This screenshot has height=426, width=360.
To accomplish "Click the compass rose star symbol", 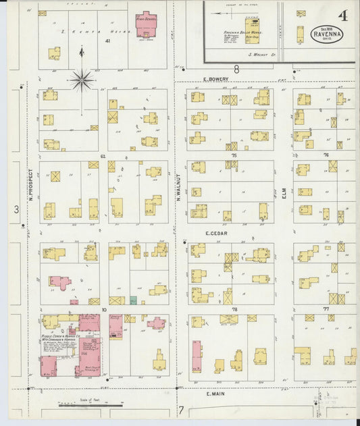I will (x=82, y=80).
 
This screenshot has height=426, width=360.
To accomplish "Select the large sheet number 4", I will (x=344, y=15).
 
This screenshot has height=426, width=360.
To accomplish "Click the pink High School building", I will (x=146, y=23).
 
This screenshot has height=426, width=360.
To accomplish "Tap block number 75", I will (x=234, y=156).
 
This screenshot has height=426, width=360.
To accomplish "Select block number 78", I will (x=234, y=310).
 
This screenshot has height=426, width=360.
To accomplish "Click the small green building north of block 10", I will (x=133, y=300).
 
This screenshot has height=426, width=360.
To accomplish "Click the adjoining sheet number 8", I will (x=236, y=69).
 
